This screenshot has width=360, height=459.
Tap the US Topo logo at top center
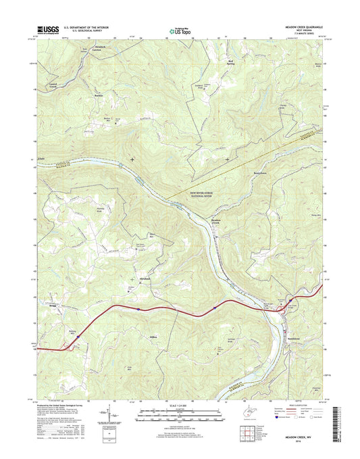pos(180,30)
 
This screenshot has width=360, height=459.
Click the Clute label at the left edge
pos(42,160)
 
